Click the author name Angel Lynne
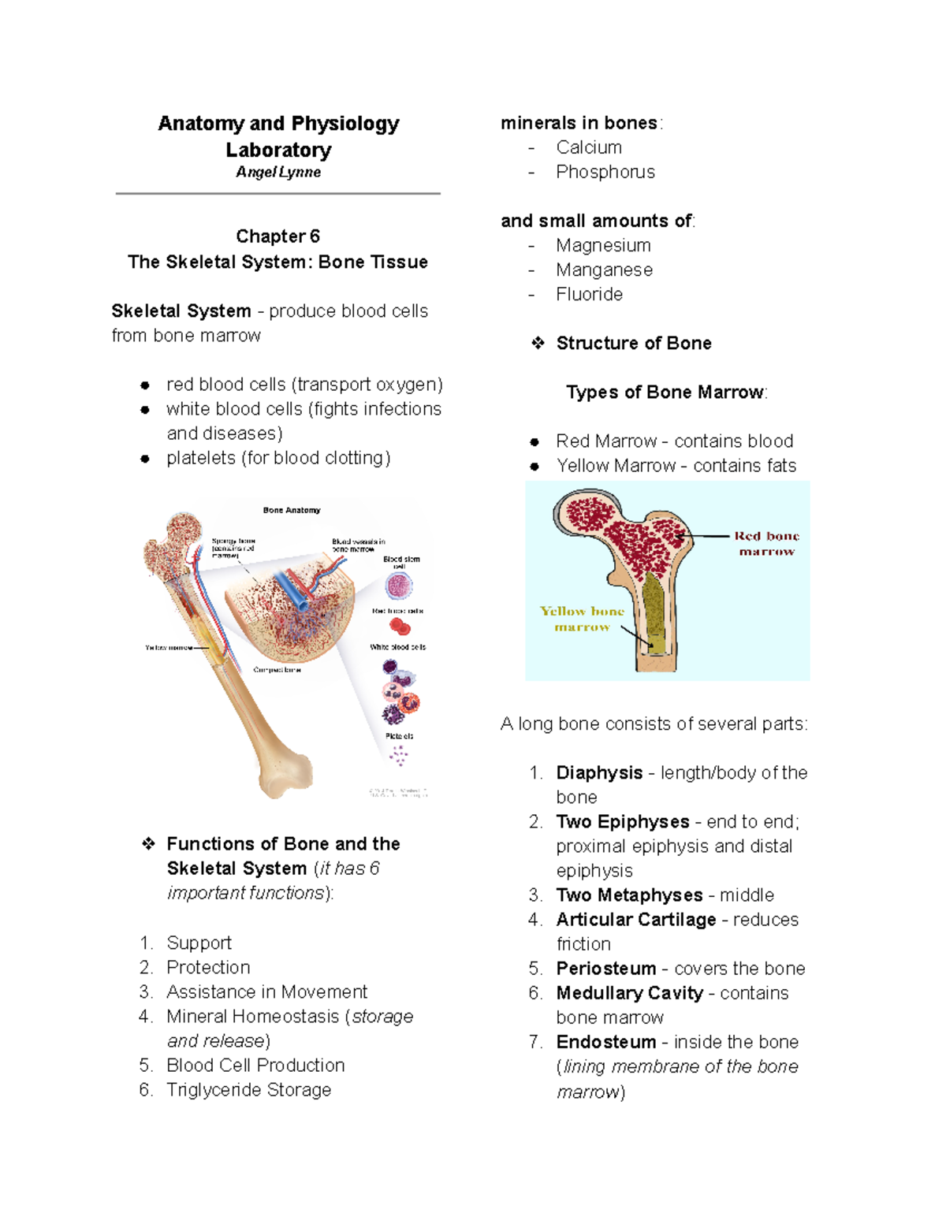tap(278, 172)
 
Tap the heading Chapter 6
tap(277, 236)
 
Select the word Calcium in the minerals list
tap(589, 147)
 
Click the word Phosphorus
tap(605, 172)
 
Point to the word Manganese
tap(604, 270)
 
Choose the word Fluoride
tap(589, 294)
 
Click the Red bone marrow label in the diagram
tap(766, 543)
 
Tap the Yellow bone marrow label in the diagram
tap(582, 619)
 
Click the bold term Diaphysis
tap(599, 772)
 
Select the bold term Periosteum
tap(605, 968)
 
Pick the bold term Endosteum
tap(605, 1042)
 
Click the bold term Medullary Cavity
tap(629, 993)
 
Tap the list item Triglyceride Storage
tap(248, 1089)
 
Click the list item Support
tap(199, 943)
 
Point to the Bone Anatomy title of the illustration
tap(292, 510)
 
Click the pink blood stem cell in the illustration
tap(399, 586)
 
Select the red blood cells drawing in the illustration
tap(400, 627)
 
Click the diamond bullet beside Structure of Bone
tap(538, 343)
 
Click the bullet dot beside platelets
tap(145, 459)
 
